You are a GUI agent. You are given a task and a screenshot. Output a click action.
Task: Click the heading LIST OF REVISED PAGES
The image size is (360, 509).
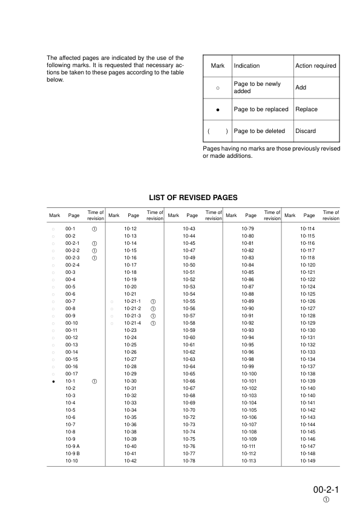[x=193, y=197]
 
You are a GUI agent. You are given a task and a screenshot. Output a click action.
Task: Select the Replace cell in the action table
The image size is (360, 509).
[x=306, y=109]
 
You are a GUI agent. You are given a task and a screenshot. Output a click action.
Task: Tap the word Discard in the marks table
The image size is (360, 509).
[x=306, y=131]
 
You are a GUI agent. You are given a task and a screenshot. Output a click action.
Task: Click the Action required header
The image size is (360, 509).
[x=315, y=66]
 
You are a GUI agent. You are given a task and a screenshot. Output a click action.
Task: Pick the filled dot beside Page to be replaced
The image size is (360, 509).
[x=217, y=110]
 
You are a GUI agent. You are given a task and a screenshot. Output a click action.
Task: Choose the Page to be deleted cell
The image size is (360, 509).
[x=259, y=131]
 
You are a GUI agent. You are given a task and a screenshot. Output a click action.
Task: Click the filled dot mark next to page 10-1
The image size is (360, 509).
[x=53, y=382]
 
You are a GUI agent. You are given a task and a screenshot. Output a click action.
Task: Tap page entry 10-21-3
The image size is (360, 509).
[x=132, y=316]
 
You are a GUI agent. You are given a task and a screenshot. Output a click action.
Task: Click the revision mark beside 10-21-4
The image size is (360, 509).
[x=154, y=323]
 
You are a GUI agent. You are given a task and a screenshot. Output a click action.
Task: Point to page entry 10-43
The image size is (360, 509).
[x=189, y=229]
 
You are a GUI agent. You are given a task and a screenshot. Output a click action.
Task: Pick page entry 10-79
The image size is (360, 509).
[x=247, y=229]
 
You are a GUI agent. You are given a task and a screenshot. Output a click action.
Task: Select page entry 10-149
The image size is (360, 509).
[x=308, y=461]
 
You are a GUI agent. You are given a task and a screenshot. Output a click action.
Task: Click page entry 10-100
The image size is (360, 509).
[x=249, y=374]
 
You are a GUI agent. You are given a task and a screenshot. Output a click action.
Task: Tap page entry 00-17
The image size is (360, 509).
[x=71, y=374]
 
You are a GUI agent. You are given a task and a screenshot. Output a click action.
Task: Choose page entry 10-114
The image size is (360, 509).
[x=308, y=229]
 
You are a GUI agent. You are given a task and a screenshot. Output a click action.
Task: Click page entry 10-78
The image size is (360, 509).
[x=189, y=461]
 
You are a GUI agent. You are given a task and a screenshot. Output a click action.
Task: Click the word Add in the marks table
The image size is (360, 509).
[x=301, y=88]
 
